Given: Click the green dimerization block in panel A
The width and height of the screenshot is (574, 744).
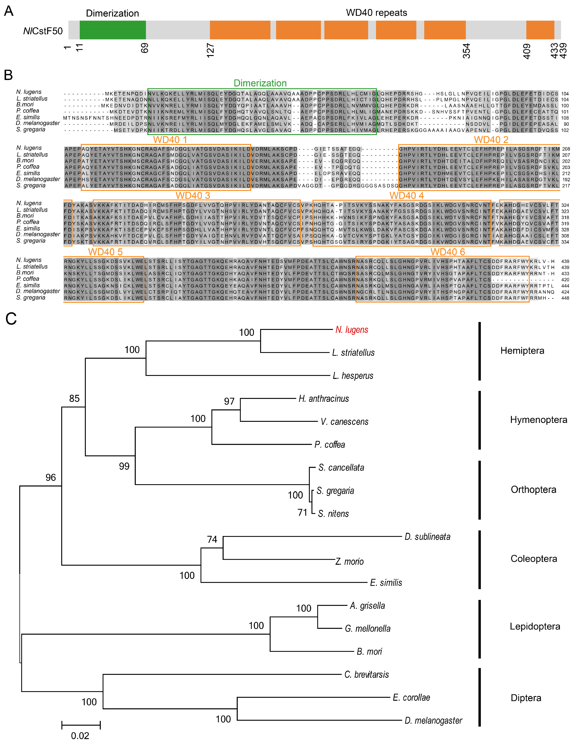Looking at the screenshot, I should (113, 30).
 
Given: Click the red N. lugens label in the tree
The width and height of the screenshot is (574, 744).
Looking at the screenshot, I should (352, 330).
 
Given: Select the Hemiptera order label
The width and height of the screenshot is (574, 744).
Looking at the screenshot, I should (522, 351).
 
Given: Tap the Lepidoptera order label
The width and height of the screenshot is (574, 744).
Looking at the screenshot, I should (535, 626).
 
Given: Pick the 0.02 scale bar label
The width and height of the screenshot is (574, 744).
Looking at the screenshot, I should (80, 736).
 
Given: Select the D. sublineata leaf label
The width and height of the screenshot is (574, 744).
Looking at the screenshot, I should (427, 537).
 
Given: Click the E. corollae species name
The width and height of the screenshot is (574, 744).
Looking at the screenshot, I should (411, 697).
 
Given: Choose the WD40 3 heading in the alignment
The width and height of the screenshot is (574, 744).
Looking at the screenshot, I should (193, 196).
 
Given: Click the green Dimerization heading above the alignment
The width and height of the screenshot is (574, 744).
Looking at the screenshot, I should (260, 83).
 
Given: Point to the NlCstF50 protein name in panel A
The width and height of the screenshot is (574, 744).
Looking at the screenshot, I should (43, 31).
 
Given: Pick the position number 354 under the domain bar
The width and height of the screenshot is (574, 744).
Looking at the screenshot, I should (466, 51).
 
